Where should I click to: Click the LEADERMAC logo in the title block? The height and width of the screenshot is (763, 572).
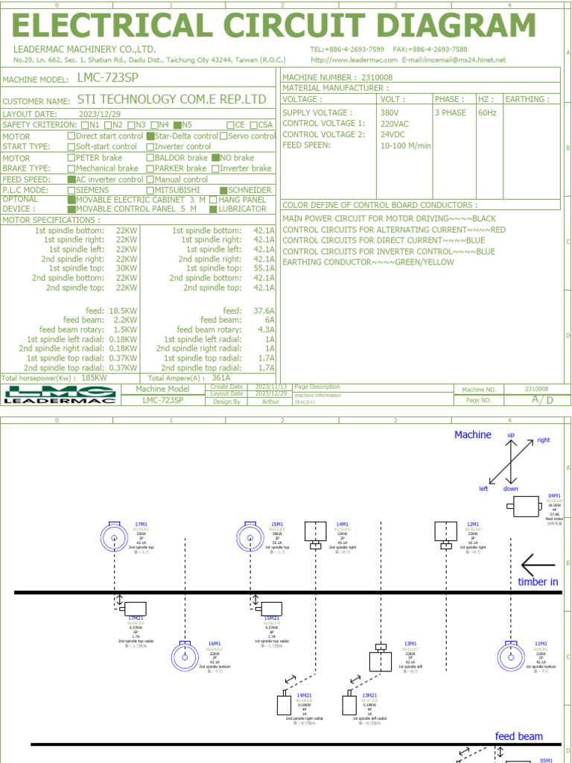pos(59,394)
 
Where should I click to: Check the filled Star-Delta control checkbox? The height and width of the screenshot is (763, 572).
pos(150,136)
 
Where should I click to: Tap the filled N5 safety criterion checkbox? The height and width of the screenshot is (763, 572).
pos(177,125)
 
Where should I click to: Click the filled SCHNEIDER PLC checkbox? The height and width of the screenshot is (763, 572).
pos(223,190)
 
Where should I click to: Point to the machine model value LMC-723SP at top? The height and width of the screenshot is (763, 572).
pos(108,77)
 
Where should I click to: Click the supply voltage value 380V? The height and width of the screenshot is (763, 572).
pos(390,113)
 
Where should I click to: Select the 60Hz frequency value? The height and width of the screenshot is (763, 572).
pos(487,113)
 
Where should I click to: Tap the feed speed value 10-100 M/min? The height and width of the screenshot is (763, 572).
pos(406,146)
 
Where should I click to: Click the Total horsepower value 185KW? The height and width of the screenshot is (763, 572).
pos(94,378)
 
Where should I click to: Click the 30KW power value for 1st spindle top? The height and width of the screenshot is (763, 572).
pos(126,268)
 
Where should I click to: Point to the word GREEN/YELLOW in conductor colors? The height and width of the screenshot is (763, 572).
pos(427,262)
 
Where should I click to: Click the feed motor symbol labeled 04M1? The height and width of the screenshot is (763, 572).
pos(524,506)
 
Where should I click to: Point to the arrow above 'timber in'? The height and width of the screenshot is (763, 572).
pos(538,564)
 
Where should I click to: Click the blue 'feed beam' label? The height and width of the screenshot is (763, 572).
pos(519,736)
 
